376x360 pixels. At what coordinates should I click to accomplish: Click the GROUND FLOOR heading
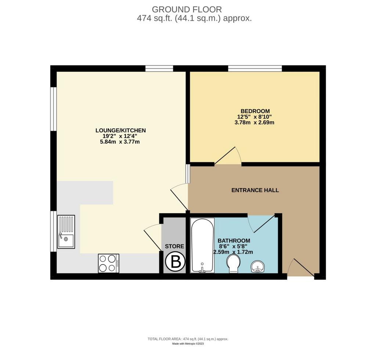click(187, 9)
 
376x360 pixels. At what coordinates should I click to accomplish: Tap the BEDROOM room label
click(255, 111)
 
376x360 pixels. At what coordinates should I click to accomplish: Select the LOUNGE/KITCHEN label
click(120, 130)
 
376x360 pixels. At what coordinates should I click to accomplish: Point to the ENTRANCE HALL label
click(255, 190)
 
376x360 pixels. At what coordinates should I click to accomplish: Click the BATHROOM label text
click(234, 241)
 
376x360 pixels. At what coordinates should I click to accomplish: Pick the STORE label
click(174, 246)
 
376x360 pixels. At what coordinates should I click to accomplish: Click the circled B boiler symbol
click(175, 262)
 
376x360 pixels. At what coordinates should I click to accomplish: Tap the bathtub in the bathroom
click(202, 245)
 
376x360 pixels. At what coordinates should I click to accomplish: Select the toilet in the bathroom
click(233, 264)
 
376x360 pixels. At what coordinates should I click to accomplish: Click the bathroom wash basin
click(258, 267)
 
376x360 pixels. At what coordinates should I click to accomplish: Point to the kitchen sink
click(66, 232)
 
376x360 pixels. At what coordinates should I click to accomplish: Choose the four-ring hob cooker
click(109, 263)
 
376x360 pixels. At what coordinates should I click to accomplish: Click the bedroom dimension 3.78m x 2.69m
click(254, 123)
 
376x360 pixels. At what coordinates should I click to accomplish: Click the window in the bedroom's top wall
click(255, 68)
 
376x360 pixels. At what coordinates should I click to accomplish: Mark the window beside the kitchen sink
click(53, 231)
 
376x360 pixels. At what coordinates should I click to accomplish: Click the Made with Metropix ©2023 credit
click(188, 344)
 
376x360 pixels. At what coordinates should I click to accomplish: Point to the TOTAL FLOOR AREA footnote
click(188, 339)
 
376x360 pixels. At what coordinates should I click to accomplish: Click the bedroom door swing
click(228, 155)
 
